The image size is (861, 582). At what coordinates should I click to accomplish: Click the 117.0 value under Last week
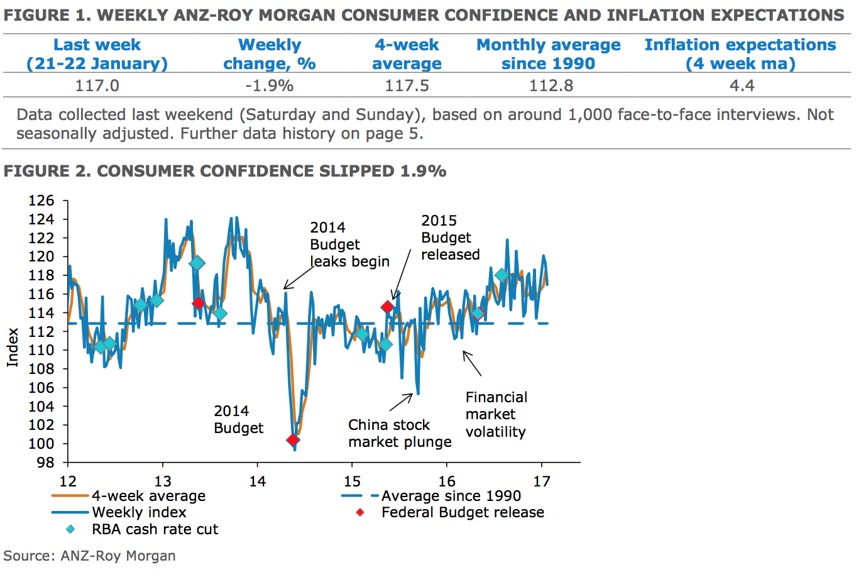click(x=97, y=85)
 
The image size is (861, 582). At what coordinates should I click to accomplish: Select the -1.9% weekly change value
click(x=269, y=85)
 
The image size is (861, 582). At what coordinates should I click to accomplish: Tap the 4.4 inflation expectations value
click(x=742, y=85)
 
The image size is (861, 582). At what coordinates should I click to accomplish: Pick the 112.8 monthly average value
click(x=551, y=85)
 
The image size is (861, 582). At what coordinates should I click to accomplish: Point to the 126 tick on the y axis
click(x=41, y=200)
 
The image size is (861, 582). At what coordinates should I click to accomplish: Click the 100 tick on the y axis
click(x=41, y=443)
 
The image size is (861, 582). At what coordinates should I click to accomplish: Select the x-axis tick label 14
click(x=257, y=481)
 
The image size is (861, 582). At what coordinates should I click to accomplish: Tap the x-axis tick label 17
click(x=541, y=481)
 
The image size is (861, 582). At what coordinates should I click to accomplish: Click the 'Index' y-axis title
click(x=13, y=347)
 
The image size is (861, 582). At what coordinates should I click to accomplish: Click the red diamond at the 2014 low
click(x=293, y=439)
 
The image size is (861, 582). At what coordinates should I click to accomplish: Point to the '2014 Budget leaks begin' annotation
click(x=349, y=244)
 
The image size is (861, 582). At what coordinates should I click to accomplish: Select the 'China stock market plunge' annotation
click(x=400, y=434)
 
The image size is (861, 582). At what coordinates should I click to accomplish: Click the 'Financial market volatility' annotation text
click(x=496, y=414)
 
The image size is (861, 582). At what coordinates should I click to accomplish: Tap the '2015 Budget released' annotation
click(x=450, y=238)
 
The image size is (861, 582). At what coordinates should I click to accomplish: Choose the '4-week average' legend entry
click(x=148, y=496)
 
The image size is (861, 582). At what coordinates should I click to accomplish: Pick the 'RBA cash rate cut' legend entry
click(x=155, y=529)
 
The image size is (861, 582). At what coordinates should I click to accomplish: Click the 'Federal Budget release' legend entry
click(x=463, y=512)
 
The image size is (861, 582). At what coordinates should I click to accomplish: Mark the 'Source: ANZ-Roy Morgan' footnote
click(x=89, y=556)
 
